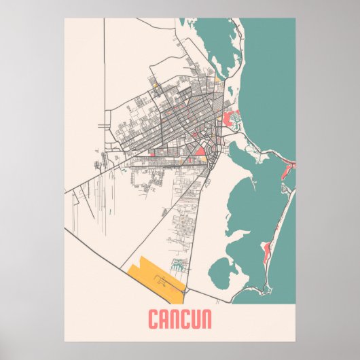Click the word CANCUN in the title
pos(179,319)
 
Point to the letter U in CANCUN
pos(194,319)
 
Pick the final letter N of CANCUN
pos(206,319)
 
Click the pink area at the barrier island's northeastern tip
pos(289,164)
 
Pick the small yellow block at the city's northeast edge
pos(217,80)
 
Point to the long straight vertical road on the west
pos(105,88)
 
